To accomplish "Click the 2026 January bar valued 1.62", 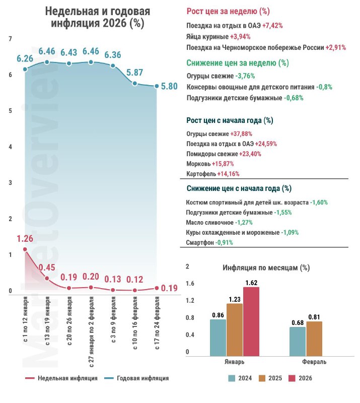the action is tap(251, 321).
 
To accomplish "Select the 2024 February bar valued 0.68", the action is tap(298, 342).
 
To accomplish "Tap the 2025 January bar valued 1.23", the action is tap(235, 330).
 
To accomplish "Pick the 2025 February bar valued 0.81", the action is tap(314, 339).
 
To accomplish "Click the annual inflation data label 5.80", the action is tap(169, 86).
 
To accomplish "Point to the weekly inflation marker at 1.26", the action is tap(25, 249).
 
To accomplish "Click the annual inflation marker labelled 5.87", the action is tap(134, 84).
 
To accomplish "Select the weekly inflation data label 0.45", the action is tap(47, 267).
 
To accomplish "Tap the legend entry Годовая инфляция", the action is tap(137, 378).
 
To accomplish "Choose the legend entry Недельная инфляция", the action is tap(61, 378).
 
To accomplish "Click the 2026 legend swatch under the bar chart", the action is tap(292, 378).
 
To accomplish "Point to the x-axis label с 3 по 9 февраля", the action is tap(113, 319).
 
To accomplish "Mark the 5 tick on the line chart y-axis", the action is tap(10, 111).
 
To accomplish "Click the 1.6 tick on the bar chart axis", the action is tap(190, 284).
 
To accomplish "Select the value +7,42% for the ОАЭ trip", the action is tap(272, 26).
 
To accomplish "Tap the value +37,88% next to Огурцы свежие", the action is tap(241, 134).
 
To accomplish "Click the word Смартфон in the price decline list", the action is tap(200, 243).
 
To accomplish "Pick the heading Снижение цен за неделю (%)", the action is tap(238, 63).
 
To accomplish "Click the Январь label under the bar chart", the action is tap(234, 362).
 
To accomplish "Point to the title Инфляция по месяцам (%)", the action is tap(266, 268).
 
